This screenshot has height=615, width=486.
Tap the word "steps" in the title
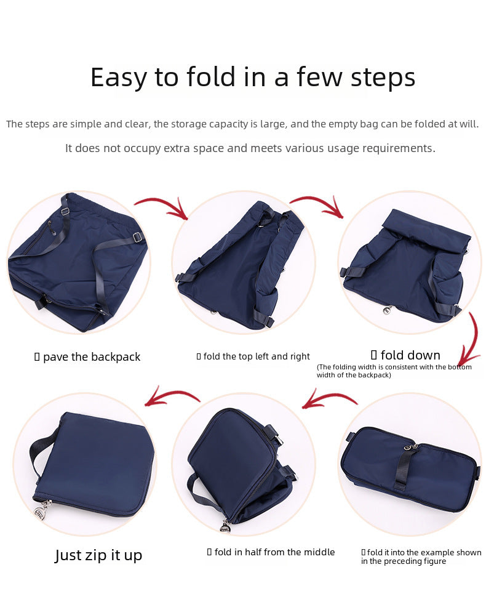point(383,78)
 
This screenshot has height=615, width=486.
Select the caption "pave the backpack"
point(91,357)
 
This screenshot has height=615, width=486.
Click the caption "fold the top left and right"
point(257,356)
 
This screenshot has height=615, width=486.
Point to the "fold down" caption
point(410,355)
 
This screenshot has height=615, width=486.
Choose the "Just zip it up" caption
point(98,555)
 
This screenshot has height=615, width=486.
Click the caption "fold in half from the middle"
point(274,552)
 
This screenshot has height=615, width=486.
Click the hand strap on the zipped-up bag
point(38,451)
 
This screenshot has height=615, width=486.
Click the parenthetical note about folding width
point(394,371)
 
